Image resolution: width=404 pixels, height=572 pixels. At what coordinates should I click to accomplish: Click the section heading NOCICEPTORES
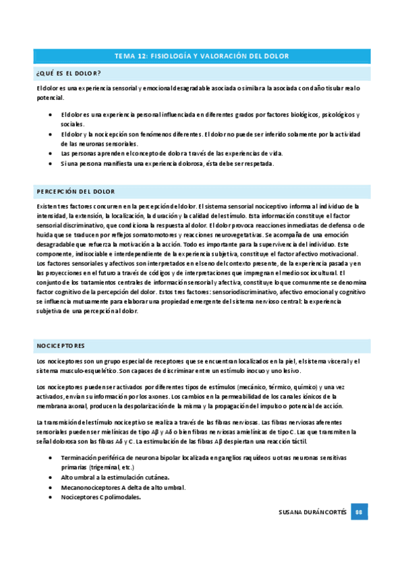pos(61,346)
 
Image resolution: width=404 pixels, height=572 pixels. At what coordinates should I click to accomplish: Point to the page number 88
pos(360,513)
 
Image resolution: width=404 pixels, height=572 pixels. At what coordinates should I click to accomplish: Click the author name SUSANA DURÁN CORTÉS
pos(313,513)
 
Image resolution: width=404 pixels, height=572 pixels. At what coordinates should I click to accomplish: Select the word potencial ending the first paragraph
pos(50,98)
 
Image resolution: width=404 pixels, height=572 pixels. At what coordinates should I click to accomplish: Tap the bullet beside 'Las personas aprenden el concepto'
pos(52,154)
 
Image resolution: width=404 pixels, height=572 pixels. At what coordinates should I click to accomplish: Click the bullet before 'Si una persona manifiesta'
pos(52,164)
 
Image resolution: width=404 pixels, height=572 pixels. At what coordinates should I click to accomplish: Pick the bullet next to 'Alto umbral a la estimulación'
pos(52,477)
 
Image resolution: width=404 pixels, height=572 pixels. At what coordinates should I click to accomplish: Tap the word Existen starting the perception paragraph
pos(47,206)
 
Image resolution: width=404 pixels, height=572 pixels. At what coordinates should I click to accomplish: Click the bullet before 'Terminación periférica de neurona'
pos(52,457)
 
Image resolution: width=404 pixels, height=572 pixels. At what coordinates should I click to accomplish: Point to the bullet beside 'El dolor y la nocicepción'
pos(52,134)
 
